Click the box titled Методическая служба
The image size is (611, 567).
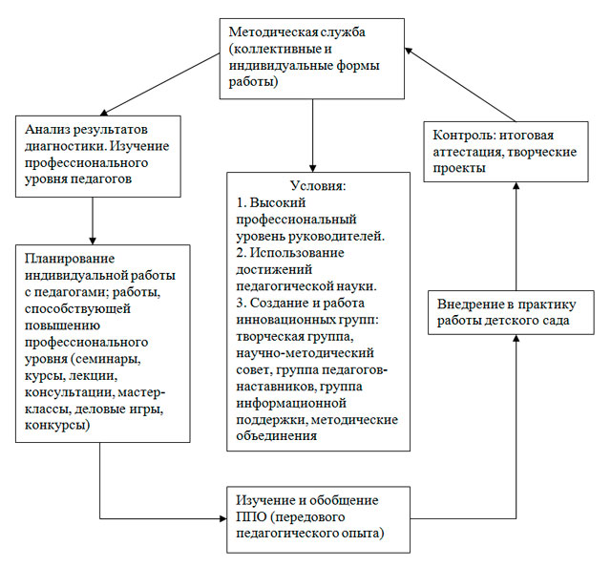pyautogui.click(x=313, y=57)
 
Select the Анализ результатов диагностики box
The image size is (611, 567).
pyautogui.click(x=98, y=154)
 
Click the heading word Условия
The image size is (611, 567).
pyautogui.click(x=318, y=184)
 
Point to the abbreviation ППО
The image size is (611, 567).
pyautogui.click(x=253, y=516)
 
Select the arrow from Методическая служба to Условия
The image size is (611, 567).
pyautogui.click(x=314, y=134)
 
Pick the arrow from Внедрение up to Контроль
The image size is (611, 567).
pyautogui.click(x=516, y=234)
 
